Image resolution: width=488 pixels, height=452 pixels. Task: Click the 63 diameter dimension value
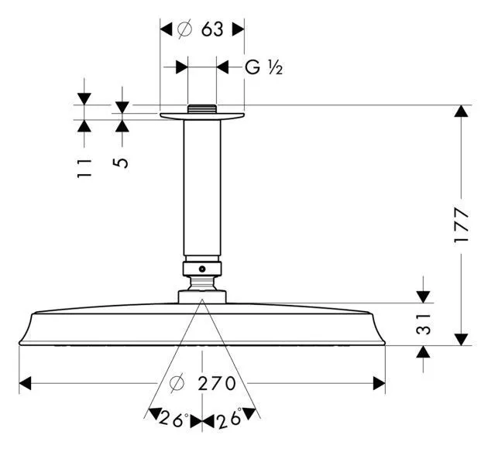pyautogui.click(x=211, y=29)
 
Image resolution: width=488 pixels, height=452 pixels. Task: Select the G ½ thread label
pyautogui.click(x=263, y=68)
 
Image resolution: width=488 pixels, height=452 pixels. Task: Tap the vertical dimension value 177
pyautogui.click(x=462, y=225)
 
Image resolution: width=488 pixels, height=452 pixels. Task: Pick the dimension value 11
pyautogui.click(x=84, y=168)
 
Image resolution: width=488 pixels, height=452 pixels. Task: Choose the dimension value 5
pyautogui.click(x=122, y=163)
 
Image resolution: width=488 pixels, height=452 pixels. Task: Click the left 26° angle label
pyautogui.click(x=174, y=419)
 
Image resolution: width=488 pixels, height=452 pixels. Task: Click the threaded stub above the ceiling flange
pyautogui.click(x=201, y=108)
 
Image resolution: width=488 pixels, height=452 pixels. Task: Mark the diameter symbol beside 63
pyautogui.click(x=184, y=29)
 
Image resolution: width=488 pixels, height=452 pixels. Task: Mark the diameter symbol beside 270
pyautogui.click(x=177, y=383)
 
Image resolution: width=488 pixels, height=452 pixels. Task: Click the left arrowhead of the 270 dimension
pyautogui.click(x=25, y=383)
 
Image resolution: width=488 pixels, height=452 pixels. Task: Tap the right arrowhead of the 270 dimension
pyautogui.click(x=380, y=383)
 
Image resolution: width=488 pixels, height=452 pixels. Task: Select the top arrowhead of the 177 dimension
pyautogui.click(x=462, y=111)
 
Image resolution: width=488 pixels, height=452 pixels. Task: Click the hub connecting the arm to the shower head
pyautogui.click(x=201, y=295)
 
